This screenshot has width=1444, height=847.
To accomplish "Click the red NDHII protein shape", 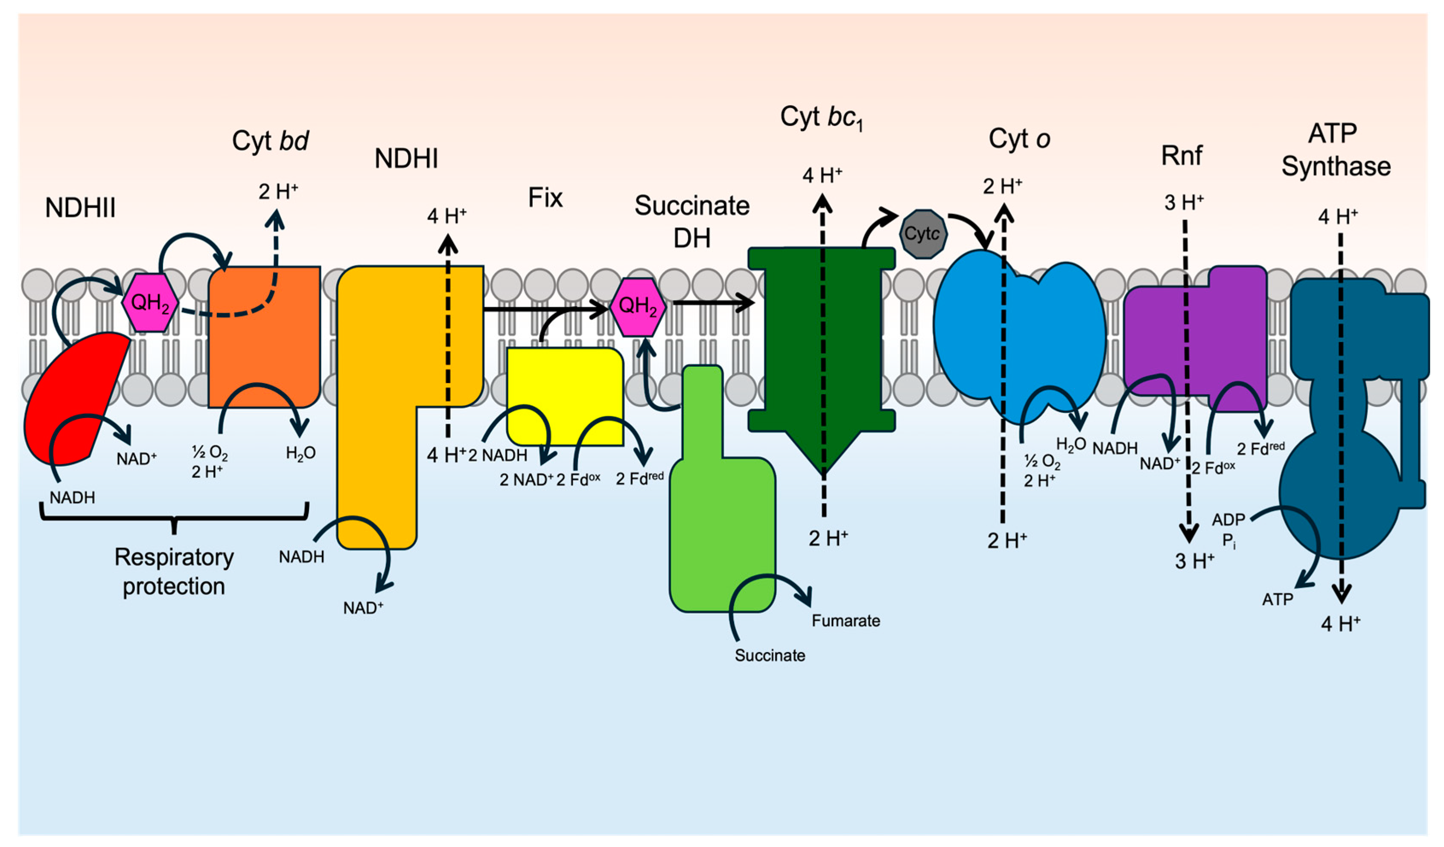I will pos(69,401).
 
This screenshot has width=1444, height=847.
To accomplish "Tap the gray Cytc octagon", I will pos(922,234).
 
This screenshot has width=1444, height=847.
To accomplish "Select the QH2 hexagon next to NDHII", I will pos(150,302).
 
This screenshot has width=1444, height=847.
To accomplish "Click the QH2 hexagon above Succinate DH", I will pos(638,306).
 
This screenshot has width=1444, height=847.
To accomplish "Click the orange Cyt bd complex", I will pos(264,344).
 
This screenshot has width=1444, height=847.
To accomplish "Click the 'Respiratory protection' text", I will pos(174,571).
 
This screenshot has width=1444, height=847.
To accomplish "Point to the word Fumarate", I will pos(845,621).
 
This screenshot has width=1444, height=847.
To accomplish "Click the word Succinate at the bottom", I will pos(770,655).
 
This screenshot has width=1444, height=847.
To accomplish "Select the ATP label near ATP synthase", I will pos(1277,600).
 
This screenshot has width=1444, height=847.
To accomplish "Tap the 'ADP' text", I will pos(1228,519).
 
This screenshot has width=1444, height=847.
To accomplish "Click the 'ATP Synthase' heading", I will pos(1335,150).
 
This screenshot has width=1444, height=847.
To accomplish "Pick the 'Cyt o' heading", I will pos(1019,139).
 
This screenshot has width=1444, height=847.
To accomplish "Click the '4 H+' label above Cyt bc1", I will pos(822,175).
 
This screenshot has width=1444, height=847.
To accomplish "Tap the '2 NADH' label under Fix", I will pos(497,455).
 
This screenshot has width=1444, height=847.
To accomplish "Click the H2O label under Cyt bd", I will pos(301,453).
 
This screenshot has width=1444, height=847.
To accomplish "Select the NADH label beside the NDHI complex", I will pos(301,557).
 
